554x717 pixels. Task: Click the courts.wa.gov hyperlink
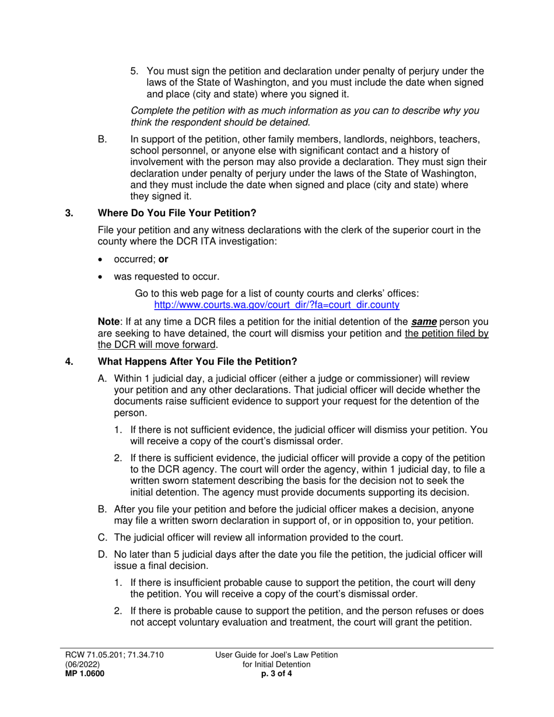tap(276, 304)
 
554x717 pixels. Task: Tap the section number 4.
tap(69, 361)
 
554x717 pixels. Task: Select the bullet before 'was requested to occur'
tap(102, 277)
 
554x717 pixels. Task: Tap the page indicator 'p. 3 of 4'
tap(276, 674)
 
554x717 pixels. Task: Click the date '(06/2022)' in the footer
tap(82, 665)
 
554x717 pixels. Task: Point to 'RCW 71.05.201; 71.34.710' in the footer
tap(114, 655)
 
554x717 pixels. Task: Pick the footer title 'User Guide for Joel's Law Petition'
tap(276, 655)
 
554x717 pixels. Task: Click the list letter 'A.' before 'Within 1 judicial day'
tap(103, 378)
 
